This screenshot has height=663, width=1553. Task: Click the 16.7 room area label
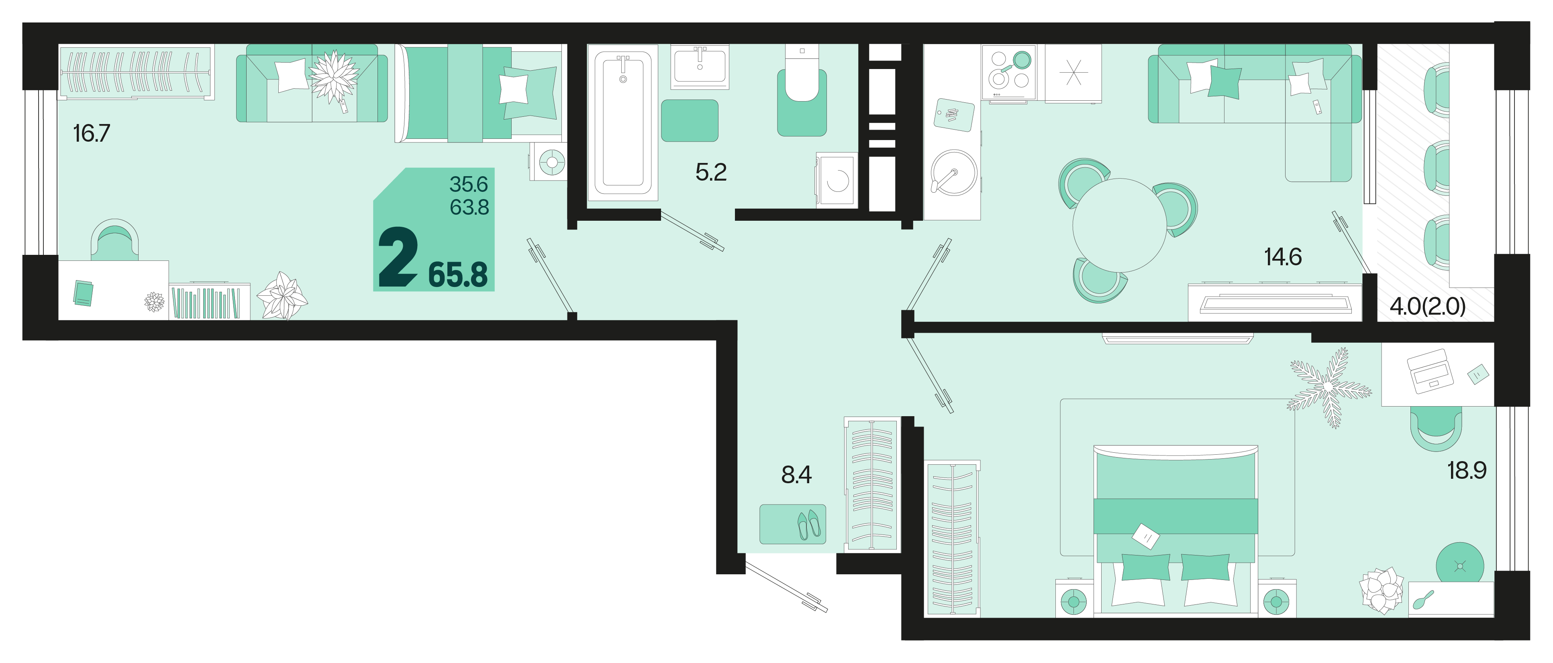pyautogui.click(x=92, y=133)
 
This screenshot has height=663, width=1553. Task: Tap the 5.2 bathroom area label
pyautogui.click(x=711, y=173)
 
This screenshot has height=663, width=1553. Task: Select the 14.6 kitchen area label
pyautogui.click(x=1283, y=257)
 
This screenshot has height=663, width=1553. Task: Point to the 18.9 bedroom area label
pyautogui.click(x=1467, y=470)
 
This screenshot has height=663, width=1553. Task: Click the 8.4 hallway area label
pyautogui.click(x=796, y=475)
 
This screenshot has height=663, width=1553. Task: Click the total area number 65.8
pyautogui.click(x=457, y=275)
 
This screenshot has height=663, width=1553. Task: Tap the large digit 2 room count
pyautogui.click(x=398, y=257)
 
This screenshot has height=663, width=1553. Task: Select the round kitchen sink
pyautogui.click(x=954, y=173)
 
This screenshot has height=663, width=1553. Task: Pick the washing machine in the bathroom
pyautogui.click(x=837, y=180)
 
